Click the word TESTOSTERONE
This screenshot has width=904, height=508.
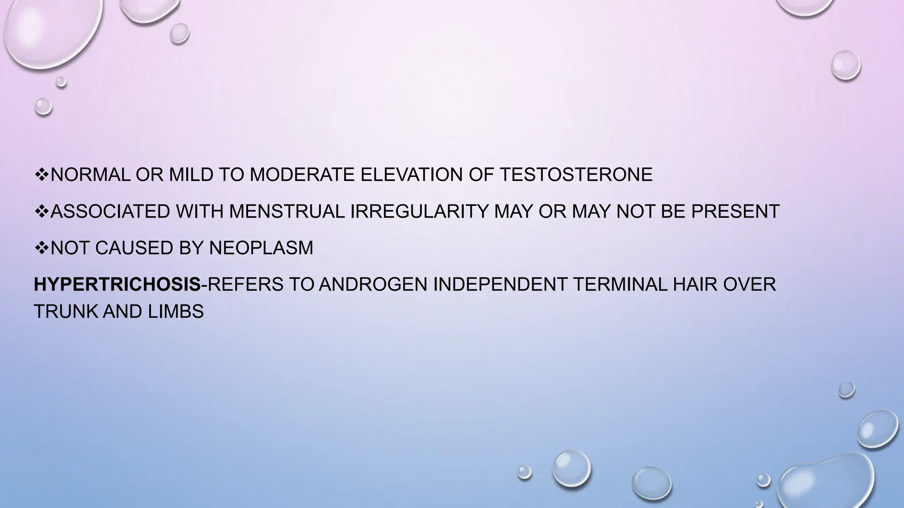click(x=576, y=175)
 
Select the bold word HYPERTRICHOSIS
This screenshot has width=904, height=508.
click(x=117, y=284)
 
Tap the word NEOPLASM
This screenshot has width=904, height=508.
click(x=261, y=248)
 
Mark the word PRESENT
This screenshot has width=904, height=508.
click(x=735, y=212)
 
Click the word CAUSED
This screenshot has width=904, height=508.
click(x=134, y=248)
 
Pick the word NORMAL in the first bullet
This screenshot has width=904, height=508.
click(x=90, y=175)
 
